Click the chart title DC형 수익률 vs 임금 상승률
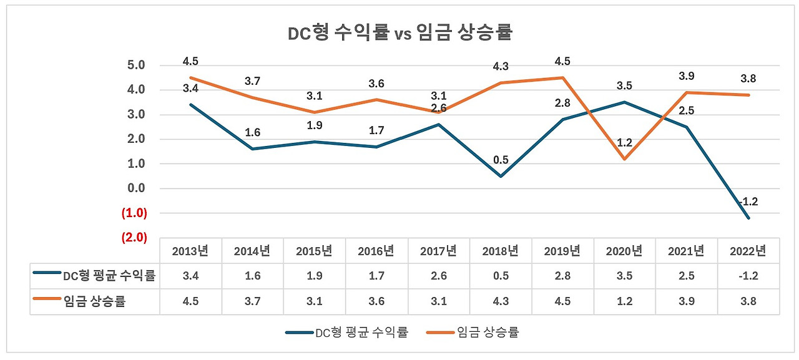[399, 32]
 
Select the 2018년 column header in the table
[501, 251]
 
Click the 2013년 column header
[190, 251]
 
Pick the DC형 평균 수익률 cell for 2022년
[748, 276]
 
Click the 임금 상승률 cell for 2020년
[624, 302]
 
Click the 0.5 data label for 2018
[501, 160]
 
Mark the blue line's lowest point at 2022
[748, 218]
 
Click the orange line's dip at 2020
[624, 159]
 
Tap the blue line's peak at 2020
[624, 102]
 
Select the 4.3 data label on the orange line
[501, 67]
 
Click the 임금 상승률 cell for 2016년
[376, 302]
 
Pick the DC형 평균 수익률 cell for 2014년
[252, 276]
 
